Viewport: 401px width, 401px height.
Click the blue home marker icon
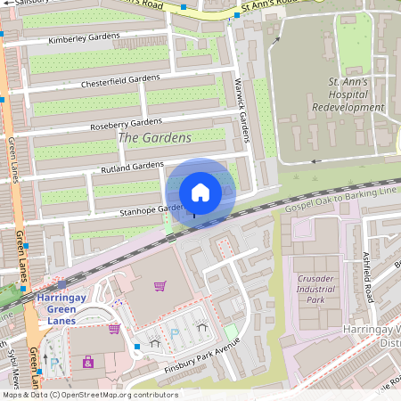tap(200, 192)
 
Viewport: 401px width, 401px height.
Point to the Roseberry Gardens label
tap(127, 123)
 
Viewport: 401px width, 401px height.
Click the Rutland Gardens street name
tap(134, 167)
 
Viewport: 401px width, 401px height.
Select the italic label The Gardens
tap(154, 138)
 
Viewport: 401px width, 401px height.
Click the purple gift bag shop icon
tap(87, 362)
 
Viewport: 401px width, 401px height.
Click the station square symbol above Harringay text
tap(62, 284)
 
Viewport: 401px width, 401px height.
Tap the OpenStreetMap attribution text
tap(89, 395)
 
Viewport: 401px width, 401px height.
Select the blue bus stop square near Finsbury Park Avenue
tap(136, 346)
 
